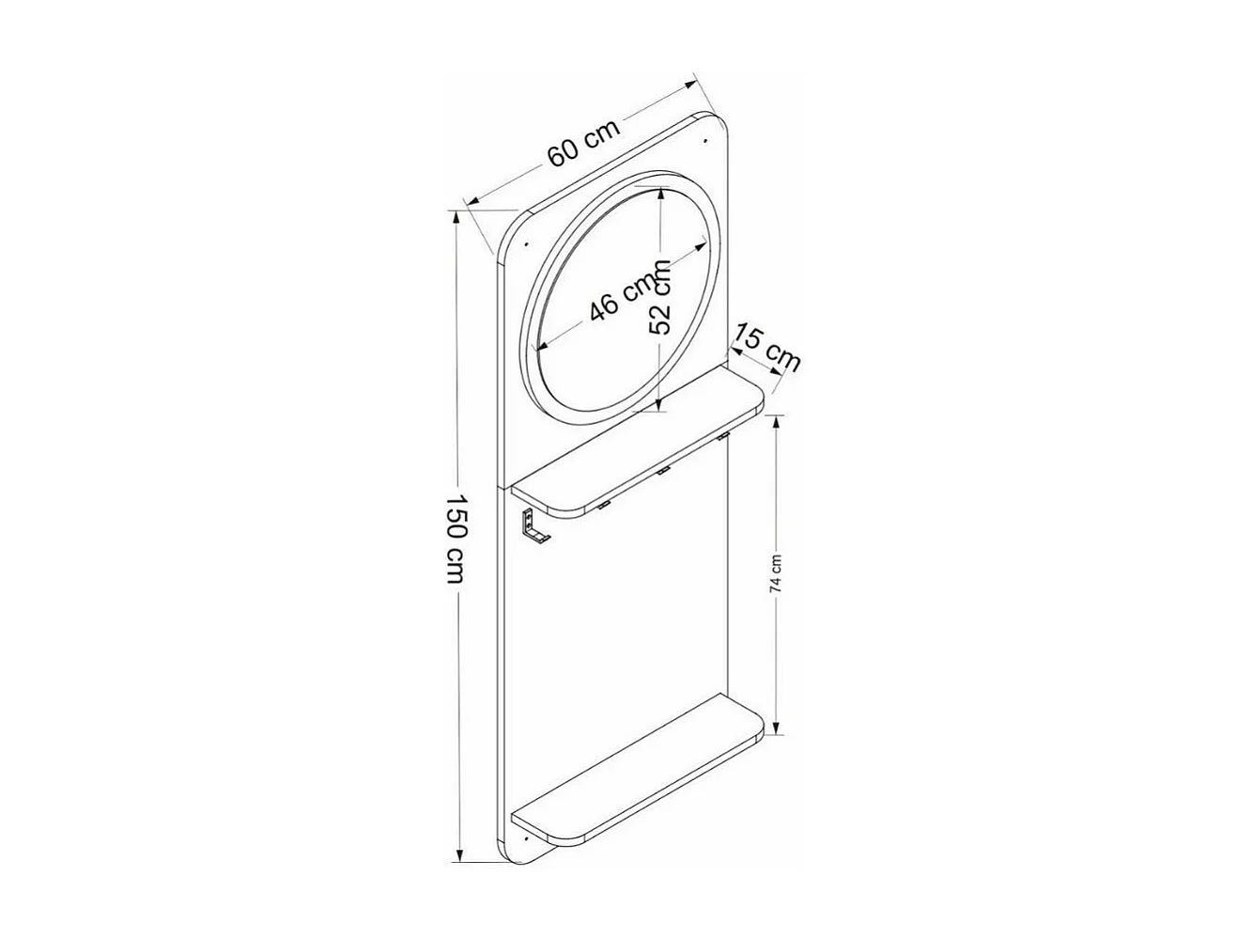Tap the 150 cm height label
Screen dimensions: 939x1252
point(455,537)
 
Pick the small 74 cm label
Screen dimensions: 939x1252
point(776,572)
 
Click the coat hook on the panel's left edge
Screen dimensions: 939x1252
point(533,527)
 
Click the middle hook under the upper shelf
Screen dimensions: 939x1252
point(663,469)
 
